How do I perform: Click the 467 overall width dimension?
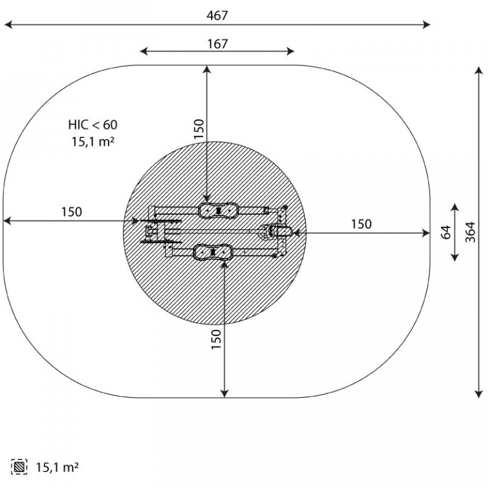pyautogui.click(x=217, y=15)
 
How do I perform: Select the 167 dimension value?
pyautogui.click(x=217, y=44)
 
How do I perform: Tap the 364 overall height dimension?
pyautogui.click(x=470, y=232)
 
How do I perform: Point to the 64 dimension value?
pyautogui.click(x=446, y=232)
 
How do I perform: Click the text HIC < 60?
pyautogui.click(x=93, y=125)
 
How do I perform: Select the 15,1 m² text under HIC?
pyautogui.click(x=93, y=142)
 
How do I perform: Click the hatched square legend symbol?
pyautogui.click(x=19, y=467)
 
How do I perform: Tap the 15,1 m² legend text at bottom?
pyautogui.click(x=57, y=468)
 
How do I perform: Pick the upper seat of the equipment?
pyautogui.click(x=219, y=211)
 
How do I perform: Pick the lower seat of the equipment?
pyautogui.click(x=213, y=252)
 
